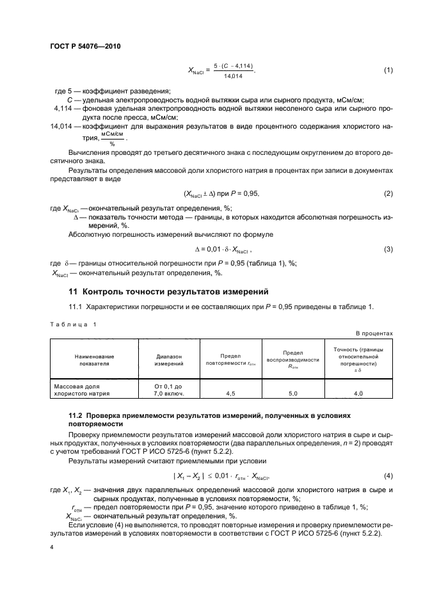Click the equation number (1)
pos(388,70)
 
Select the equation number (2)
pos(388,193)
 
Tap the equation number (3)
pos(388,248)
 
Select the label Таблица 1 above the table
pos(73,324)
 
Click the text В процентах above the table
pos(374,333)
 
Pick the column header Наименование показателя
pos(94,359)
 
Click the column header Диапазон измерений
pos(169,359)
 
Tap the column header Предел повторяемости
pos(230,359)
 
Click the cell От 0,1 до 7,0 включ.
pos(169,390)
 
